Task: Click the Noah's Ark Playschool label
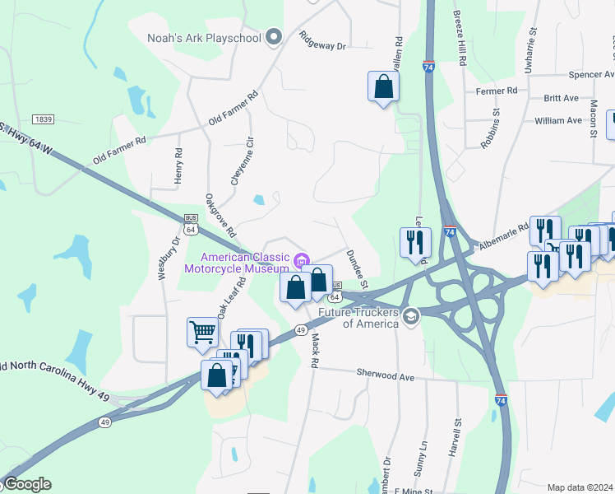pos(204,37)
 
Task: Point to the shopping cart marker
pos(202,333)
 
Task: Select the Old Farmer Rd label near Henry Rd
pos(119,151)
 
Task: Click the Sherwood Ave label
pos(385,374)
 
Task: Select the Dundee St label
pos(357,268)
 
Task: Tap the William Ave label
pos(557,120)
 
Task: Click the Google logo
pos(27,484)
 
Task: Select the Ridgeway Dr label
pos(323,42)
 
